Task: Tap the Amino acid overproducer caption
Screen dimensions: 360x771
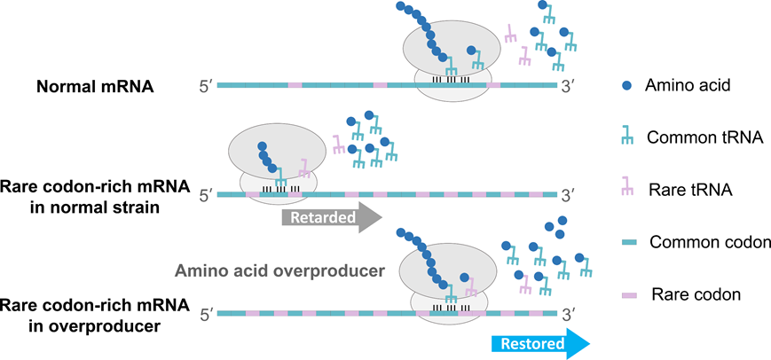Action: (278, 270)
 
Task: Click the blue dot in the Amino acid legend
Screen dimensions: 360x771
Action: (626, 85)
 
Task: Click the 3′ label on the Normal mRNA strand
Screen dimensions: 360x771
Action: (570, 86)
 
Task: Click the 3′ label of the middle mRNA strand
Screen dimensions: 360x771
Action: (570, 194)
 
